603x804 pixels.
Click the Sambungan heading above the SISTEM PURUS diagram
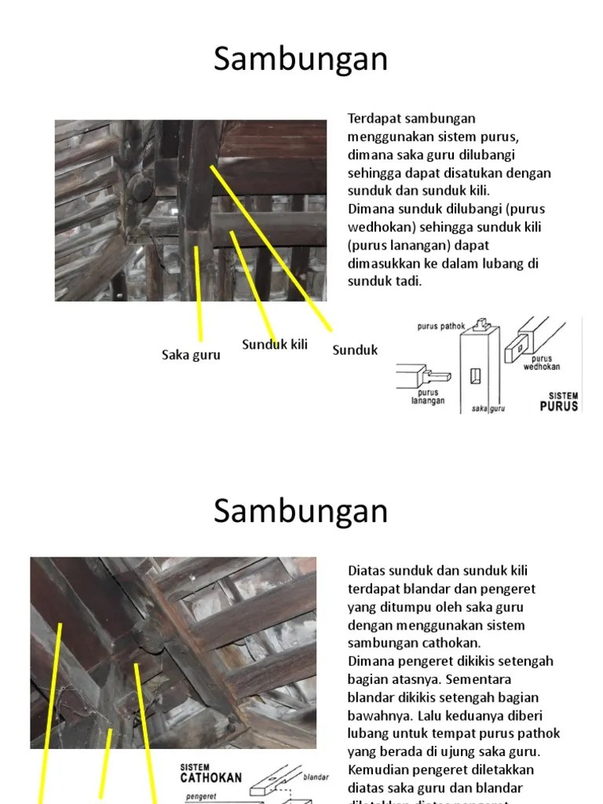click(301, 60)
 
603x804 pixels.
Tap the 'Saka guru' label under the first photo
click(191, 355)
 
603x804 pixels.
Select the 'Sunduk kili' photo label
click(274, 345)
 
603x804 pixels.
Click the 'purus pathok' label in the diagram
click(441, 326)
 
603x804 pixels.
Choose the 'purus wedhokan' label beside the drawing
click(541, 363)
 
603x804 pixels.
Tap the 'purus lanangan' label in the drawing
click(427, 397)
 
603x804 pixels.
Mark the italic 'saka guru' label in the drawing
click(488, 408)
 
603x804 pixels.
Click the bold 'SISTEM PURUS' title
click(559, 401)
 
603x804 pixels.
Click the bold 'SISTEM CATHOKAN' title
click(210, 773)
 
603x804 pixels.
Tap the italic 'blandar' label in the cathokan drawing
click(316, 777)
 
